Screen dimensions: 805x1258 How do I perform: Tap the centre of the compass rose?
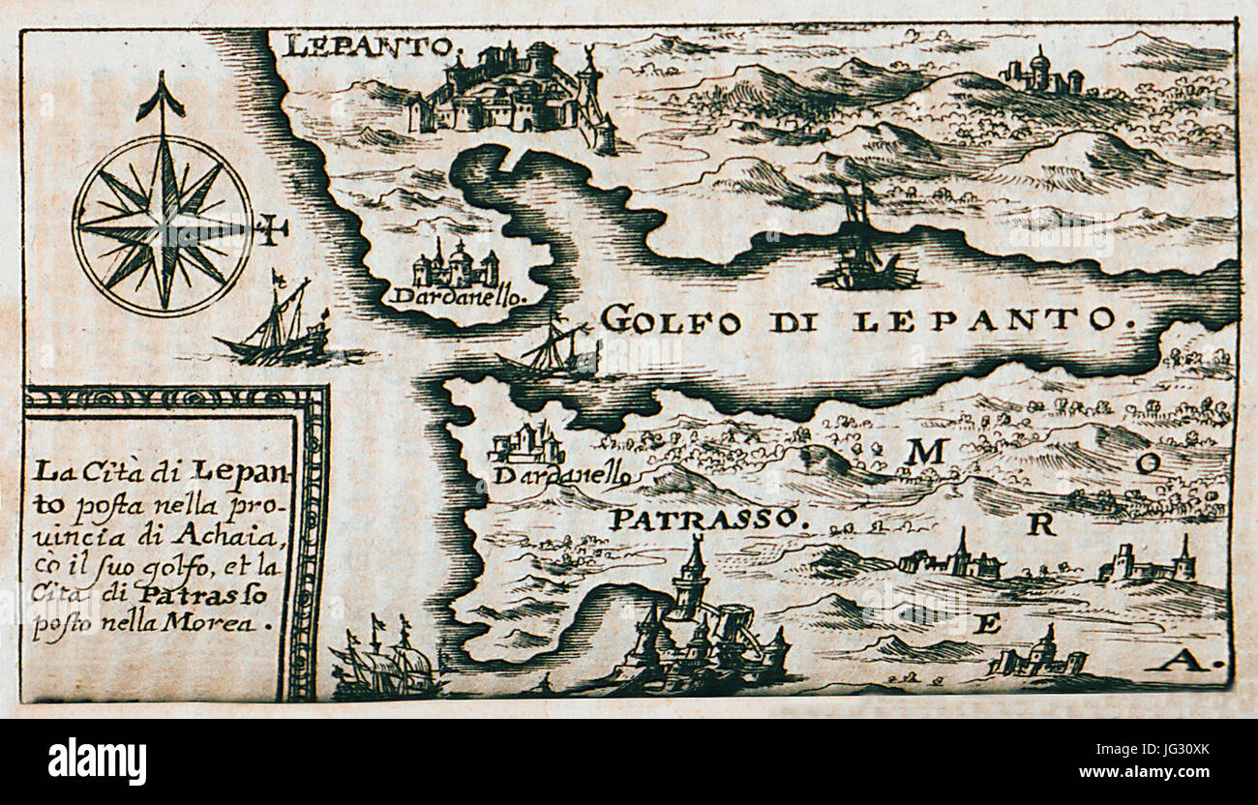[x=163, y=225]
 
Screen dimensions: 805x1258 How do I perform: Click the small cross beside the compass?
[x=272, y=230]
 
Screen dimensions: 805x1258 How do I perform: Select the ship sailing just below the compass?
[x=277, y=329]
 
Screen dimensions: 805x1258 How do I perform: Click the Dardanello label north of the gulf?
[x=459, y=295]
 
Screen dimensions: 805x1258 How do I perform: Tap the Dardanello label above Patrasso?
[x=562, y=476]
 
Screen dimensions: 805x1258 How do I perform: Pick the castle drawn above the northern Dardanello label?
[x=456, y=264]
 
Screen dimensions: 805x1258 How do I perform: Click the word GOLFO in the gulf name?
[x=671, y=319]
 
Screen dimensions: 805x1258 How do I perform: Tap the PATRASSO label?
[x=706, y=520]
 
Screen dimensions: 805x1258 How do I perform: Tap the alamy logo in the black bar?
[x=97, y=761]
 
